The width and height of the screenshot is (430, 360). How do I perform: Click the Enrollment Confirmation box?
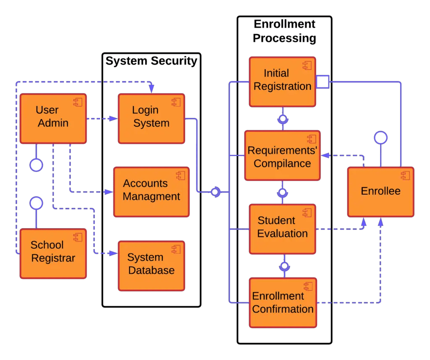(x=282, y=303)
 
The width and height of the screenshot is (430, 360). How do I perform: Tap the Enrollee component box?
(x=380, y=192)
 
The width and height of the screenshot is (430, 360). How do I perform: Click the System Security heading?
(x=151, y=61)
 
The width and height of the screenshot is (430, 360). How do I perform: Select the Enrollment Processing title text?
(x=284, y=31)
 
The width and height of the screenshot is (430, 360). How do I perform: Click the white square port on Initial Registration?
(x=322, y=82)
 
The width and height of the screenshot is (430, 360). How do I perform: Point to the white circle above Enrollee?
(x=380, y=138)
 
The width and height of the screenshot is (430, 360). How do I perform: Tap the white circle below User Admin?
(x=37, y=165)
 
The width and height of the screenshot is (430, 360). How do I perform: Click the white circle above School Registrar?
(x=37, y=203)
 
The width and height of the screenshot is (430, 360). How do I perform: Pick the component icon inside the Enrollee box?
(x=405, y=176)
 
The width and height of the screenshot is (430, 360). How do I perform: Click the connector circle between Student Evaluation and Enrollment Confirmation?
(x=284, y=266)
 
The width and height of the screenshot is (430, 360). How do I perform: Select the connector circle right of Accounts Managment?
(x=215, y=192)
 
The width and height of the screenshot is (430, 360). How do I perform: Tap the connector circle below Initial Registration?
(x=283, y=119)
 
